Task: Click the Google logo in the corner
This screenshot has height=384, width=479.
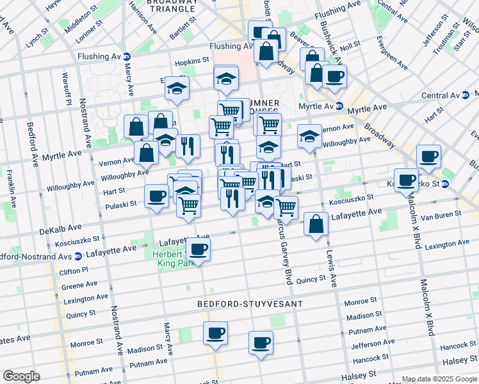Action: [x=20, y=376]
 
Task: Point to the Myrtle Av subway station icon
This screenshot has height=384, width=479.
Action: [x=339, y=106]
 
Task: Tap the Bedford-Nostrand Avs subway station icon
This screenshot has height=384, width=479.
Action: [x=77, y=257]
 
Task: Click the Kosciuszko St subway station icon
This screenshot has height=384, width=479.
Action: [x=446, y=184]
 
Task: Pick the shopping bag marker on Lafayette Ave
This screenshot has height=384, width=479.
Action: [x=316, y=224]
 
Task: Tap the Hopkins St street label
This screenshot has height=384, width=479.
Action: [x=192, y=60]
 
